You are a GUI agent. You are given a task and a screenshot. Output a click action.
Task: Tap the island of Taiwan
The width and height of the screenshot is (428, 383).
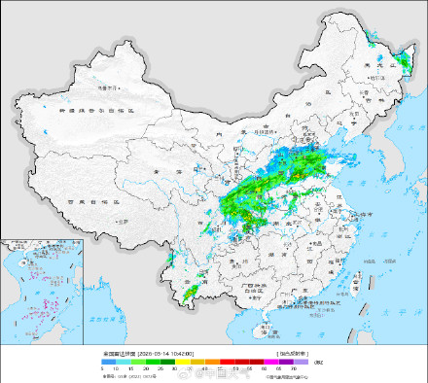tap(369, 282)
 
